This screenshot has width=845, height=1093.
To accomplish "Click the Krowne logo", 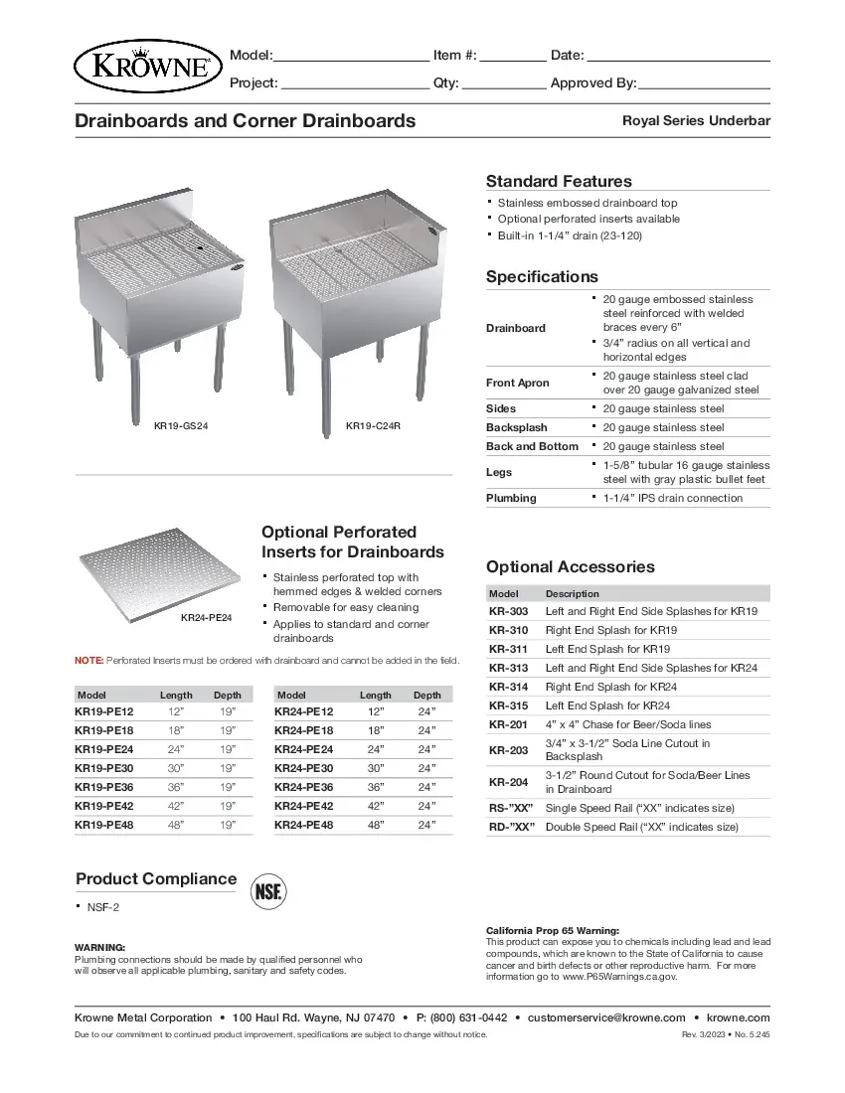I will pos(145,66).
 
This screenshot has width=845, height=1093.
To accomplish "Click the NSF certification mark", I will pos(267,890).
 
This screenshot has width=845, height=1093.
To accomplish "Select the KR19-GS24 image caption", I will pos(180,426).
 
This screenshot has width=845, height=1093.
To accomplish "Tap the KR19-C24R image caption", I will pos(373,426).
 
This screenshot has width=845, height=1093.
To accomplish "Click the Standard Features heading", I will pos(559,181).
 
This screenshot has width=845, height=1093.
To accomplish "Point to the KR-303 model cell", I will pos(508,611).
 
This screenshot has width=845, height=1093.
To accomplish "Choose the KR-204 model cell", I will pos(508,782).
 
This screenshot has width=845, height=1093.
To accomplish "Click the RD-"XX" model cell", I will pos(511,827).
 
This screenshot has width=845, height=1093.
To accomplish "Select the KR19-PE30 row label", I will pos(104,768).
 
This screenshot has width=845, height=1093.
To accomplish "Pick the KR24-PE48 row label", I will pos(304,825).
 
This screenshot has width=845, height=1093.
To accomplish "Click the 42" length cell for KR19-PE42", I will pos(177,806).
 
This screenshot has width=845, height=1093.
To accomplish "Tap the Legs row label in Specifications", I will pos(499,472).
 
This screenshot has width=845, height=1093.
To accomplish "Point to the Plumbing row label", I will pos(511,498).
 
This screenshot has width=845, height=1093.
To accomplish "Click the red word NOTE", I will pos(88,660).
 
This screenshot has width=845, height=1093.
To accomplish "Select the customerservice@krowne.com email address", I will pos(606,1017).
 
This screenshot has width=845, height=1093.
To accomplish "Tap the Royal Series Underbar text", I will pos(696,121).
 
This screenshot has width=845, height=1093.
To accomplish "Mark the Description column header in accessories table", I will pos(572,593).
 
